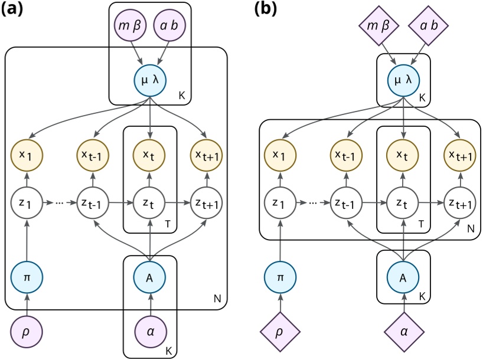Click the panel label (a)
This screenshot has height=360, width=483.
point(13,9)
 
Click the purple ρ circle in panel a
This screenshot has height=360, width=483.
point(25,332)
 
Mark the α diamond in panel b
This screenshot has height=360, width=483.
point(403,332)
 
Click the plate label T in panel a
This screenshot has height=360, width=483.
point(167,224)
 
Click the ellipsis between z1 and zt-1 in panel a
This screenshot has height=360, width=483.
point(60,203)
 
